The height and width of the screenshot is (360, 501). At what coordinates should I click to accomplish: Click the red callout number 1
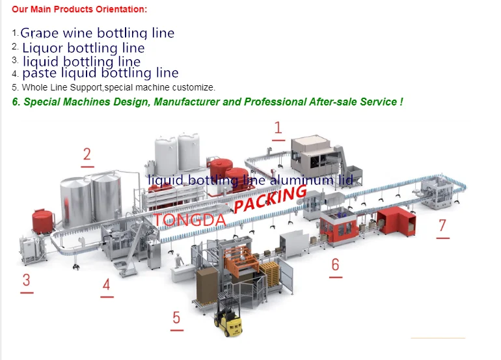pyautogui.click(x=278, y=128)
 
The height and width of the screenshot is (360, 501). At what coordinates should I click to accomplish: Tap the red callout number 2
pyautogui.click(x=87, y=154)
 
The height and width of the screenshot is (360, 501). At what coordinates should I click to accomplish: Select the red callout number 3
pyautogui.click(x=27, y=281)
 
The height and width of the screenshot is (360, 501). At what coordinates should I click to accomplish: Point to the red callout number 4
pyautogui.click(x=106, y=284)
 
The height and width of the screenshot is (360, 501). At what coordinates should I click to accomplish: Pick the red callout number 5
pyautogui.click(x=176, y=318)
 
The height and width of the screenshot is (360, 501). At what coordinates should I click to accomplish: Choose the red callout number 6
pyautogui.click(x=336, y=264)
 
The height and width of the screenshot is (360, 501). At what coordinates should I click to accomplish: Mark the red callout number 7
pyautogui.click(x=442, y=225)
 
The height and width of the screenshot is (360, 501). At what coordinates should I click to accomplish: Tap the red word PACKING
pyautogui.click(x=270, y=199)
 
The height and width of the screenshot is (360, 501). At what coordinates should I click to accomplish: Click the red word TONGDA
pyautogui.click(x=190, y=220)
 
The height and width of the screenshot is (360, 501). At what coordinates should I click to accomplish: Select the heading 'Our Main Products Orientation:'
pyautogui.click(x=79, y=9)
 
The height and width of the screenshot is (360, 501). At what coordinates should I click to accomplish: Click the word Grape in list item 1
pyautogui.click(x=39, y=33)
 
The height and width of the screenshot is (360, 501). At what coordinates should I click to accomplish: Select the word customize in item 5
pyautogui.click(x=195, y=87)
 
